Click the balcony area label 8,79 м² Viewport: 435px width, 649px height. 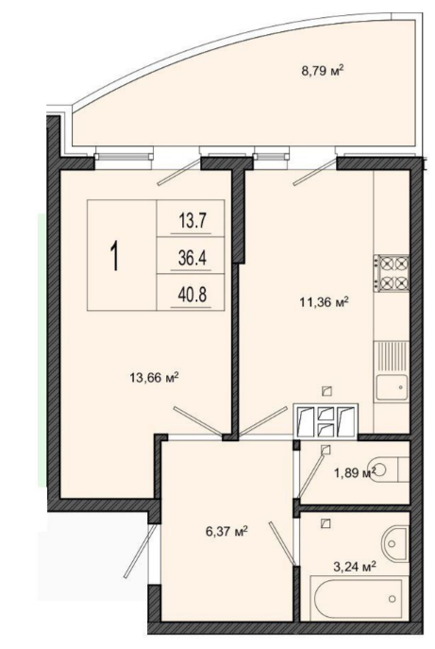(323, 71)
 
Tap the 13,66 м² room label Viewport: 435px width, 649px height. (154, 378)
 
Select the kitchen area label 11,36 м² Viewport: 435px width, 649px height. (325, 302)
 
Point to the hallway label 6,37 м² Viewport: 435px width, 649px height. (226, 531)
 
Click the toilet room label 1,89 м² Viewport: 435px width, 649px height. (355, 472)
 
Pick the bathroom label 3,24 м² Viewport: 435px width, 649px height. (355, 566)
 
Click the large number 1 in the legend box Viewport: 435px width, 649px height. (115, 256)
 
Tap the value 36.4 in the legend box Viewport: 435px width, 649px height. (192, 259)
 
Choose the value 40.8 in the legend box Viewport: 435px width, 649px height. (192, 295)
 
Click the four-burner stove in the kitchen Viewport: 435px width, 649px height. (392, 273)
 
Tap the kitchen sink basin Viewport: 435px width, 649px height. (392, 387)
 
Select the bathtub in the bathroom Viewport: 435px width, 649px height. (357, 600)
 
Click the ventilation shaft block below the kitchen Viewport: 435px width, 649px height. (325, 421)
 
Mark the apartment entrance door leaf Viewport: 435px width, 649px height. (140, 552)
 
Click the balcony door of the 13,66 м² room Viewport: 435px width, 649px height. (179, 171)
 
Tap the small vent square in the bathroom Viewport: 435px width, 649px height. (326, 523)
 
